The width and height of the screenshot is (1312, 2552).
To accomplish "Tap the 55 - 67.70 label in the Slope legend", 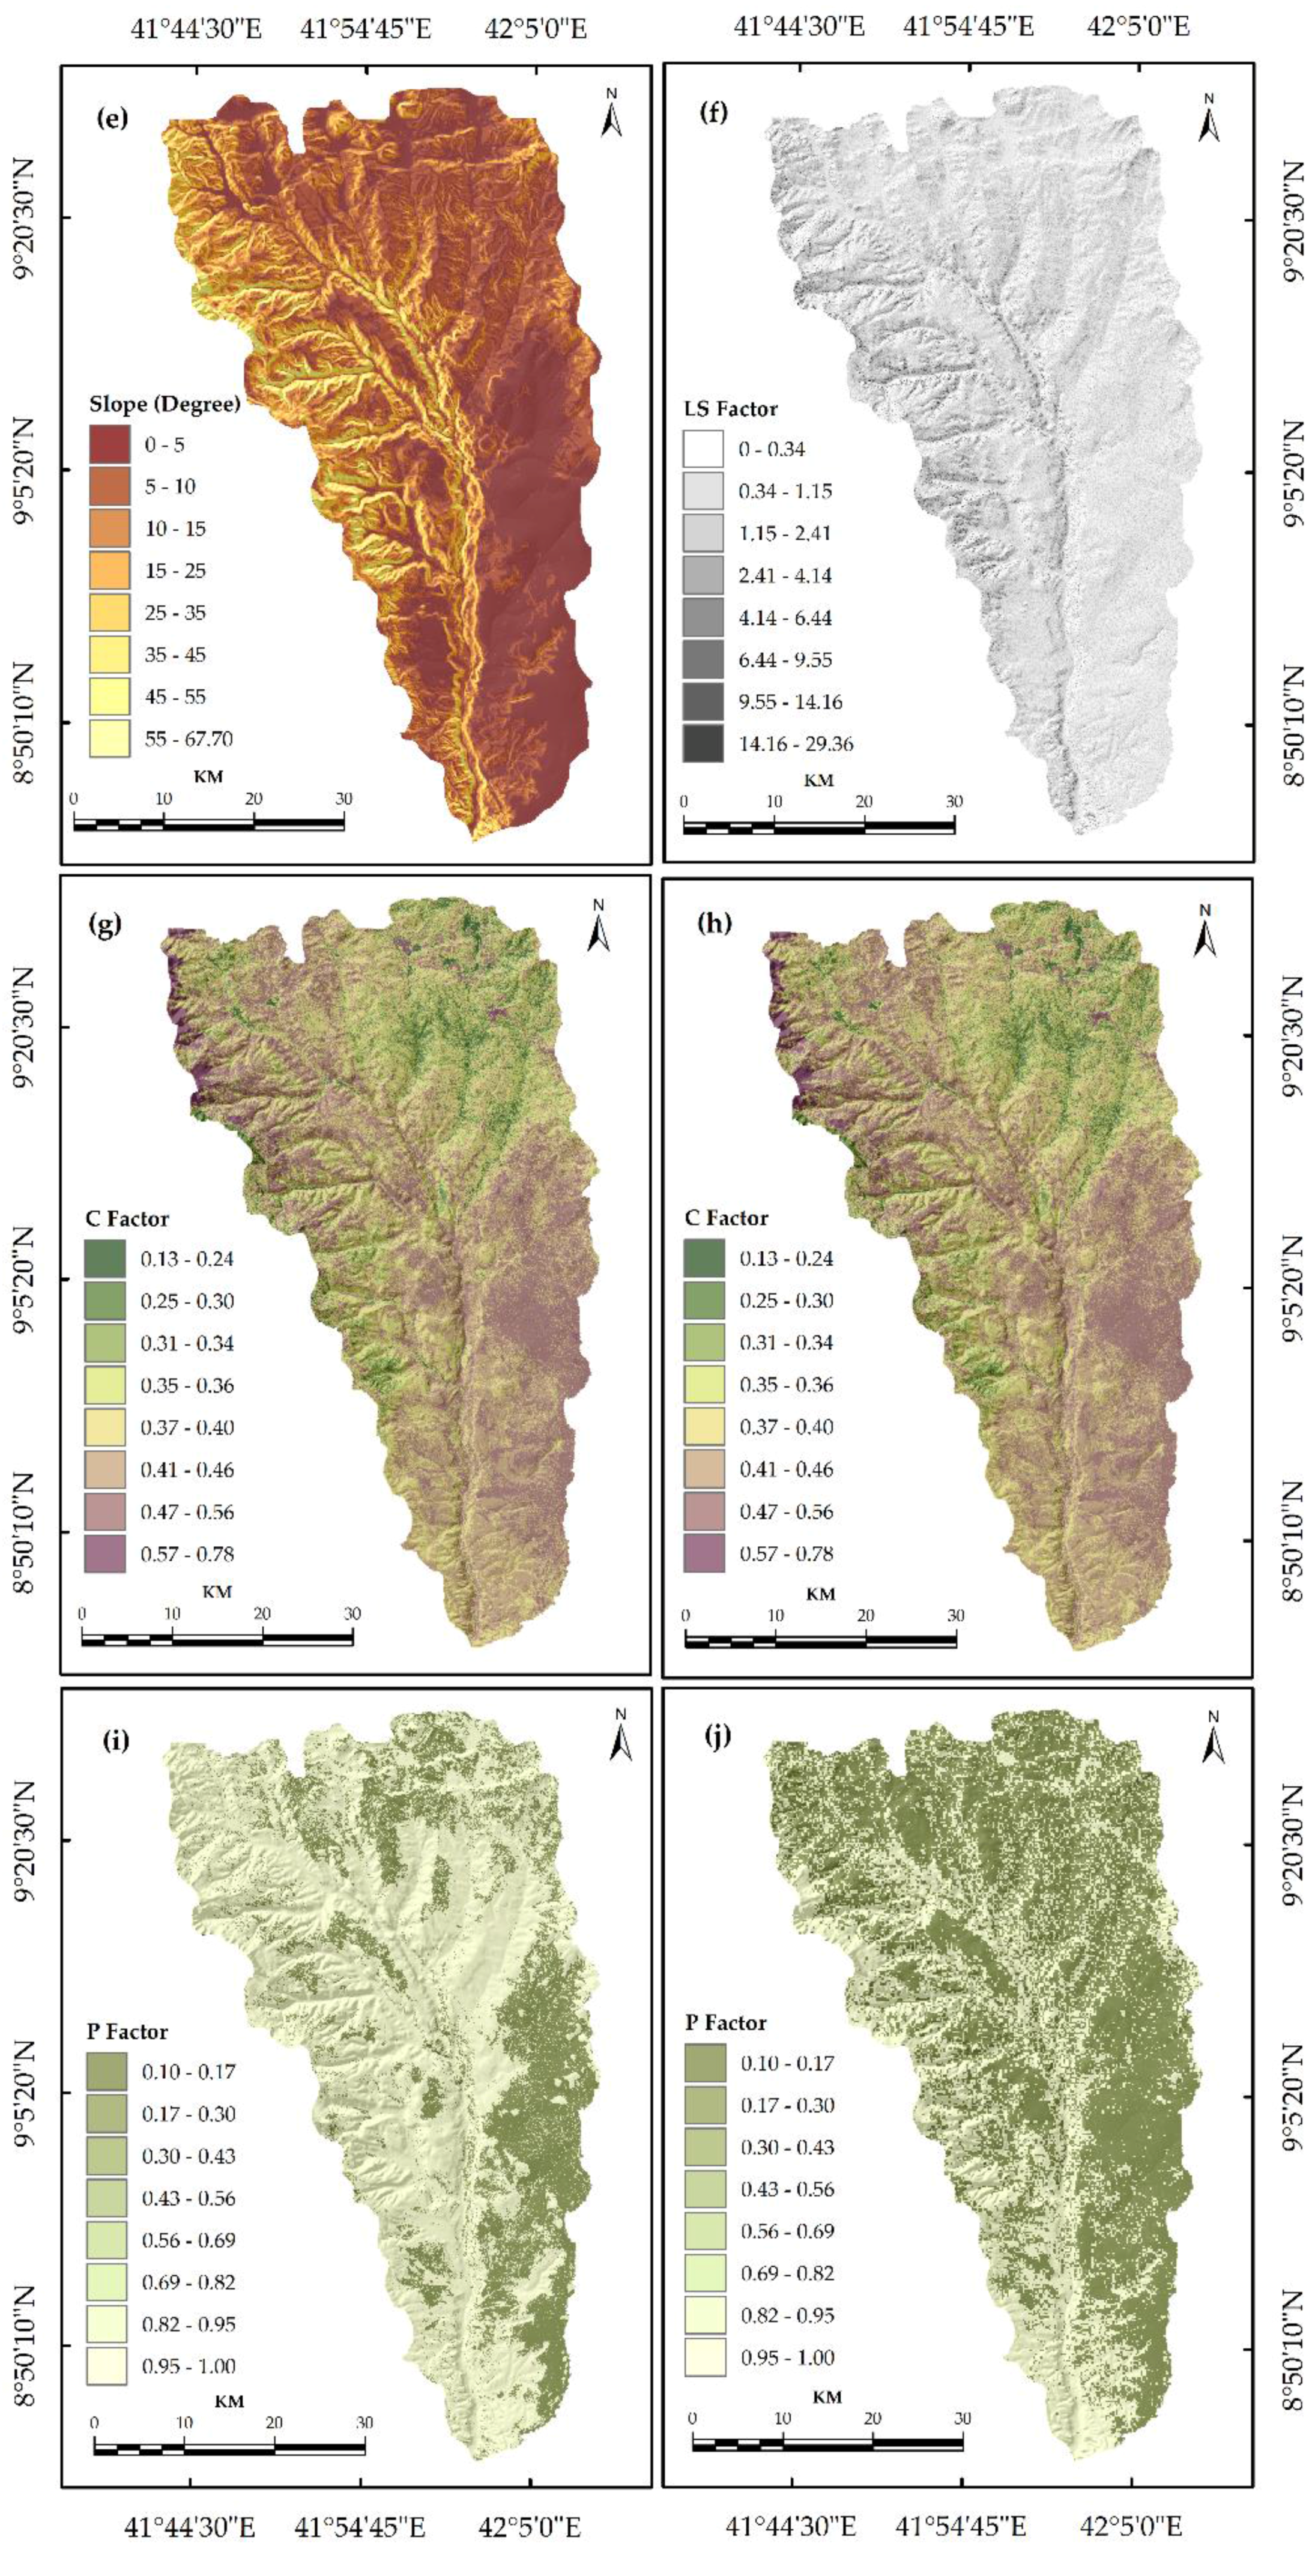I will coord(189,738).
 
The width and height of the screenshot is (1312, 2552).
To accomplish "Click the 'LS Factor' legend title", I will coord(730,409).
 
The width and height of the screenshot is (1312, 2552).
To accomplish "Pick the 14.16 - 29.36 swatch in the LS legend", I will coord(703,743).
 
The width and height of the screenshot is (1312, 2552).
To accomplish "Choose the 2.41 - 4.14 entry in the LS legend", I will coord(785,575).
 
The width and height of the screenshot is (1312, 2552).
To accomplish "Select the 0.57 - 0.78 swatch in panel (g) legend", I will coord(105,1553).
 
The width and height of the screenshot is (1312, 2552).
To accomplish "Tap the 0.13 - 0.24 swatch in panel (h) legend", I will coord(704,1258).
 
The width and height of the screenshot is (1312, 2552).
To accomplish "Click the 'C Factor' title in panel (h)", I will coord(727,1218).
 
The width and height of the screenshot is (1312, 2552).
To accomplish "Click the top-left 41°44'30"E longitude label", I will coord(196,27).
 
